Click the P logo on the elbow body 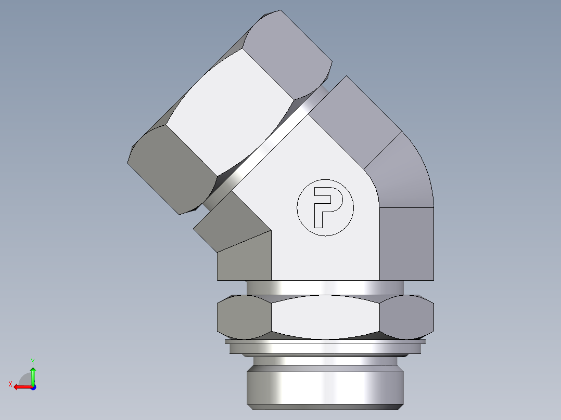click(325, 207)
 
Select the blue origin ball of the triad click(33, 387)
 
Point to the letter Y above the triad click(32, 360)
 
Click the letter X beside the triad click(10, 384)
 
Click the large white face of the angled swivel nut click(229, 109)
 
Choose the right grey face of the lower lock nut click(407, 316)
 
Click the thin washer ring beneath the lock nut click(325, 347)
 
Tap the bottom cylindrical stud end click(325, 385)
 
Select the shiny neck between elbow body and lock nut click(325, 287)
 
